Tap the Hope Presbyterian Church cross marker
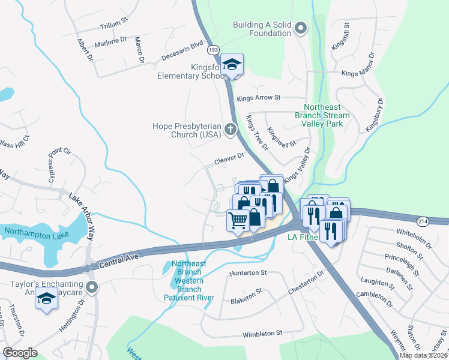[x=230, y=130]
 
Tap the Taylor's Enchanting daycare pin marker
[x=92, y=287]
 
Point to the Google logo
[x=20, y=353]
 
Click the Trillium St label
[x=113, y=23]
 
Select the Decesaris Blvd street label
[x=182, y=52]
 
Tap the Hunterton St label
[x=248, y=272]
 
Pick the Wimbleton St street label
[x=262, y=334]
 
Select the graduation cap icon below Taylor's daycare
[x=46, y=299]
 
